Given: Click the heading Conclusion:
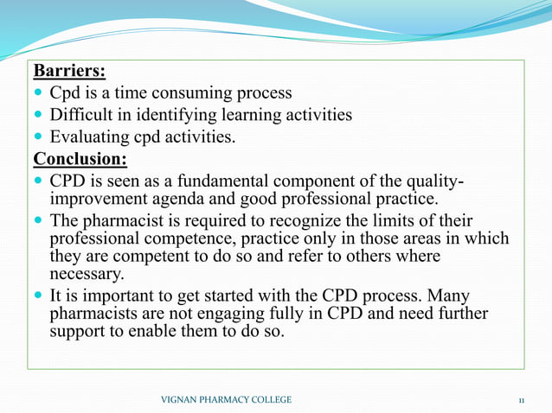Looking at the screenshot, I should [x=80, y=160].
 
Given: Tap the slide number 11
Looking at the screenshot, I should [x=521, y=399].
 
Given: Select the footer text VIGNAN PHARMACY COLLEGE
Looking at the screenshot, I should [x=227, y=399].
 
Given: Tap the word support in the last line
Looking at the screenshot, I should [x=79, y=331].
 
